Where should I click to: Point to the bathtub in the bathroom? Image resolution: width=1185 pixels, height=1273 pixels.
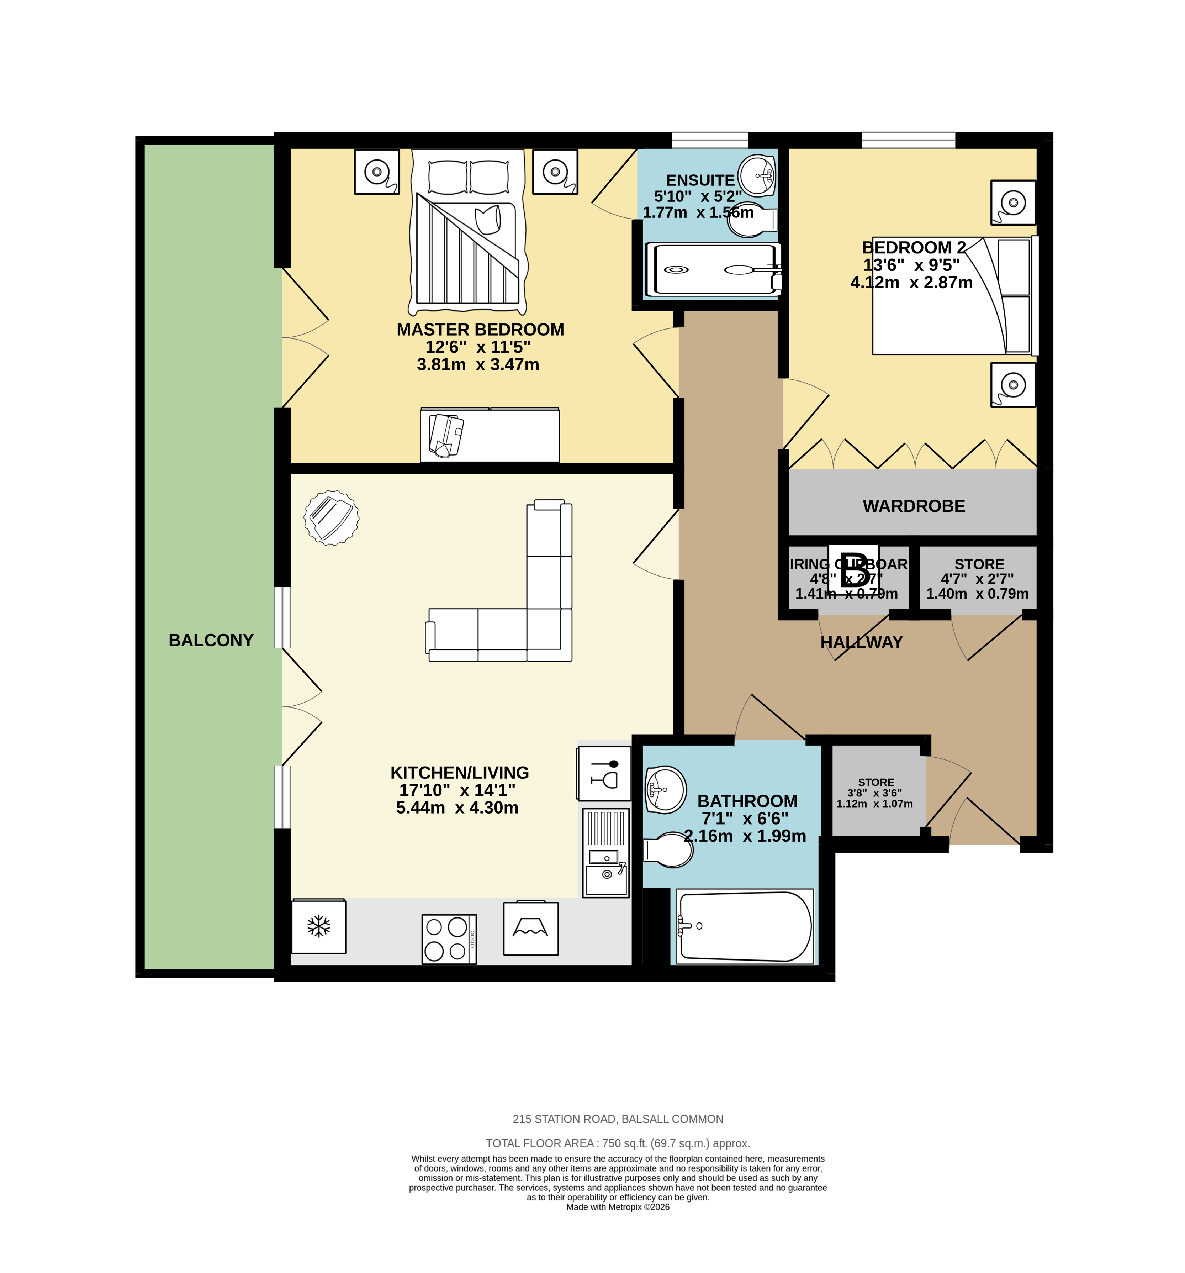[x=745, y=926]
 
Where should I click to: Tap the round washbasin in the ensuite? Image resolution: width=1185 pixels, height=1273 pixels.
[x=757, y=174]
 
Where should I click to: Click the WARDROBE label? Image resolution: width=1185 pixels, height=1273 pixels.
[x=914, y=506]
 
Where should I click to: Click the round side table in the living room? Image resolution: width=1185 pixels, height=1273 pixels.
[x=331, y=517]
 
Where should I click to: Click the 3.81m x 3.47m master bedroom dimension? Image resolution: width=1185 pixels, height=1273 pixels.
[x=477, y=364]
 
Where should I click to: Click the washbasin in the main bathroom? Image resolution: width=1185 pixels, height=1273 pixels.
[x=665, y=789]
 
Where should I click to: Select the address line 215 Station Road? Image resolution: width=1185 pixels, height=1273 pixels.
[x=618, y=1119]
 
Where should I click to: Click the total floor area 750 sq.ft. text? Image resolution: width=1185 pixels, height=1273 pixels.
[x=618, y=1143]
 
